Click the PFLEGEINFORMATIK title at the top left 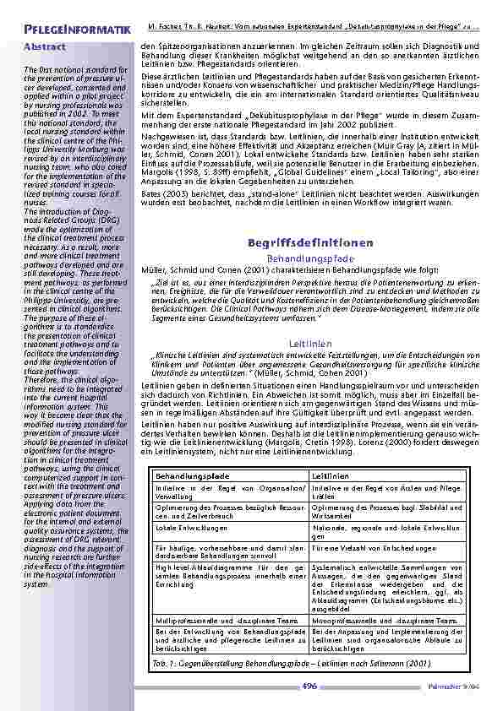tap(78, 30)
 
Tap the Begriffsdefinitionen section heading tap(310, 243)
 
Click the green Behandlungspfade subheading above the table tap(310, 258)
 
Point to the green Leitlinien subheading tap(310, 345)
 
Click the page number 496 tap(309, 686)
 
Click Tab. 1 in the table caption tap(164, 663)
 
